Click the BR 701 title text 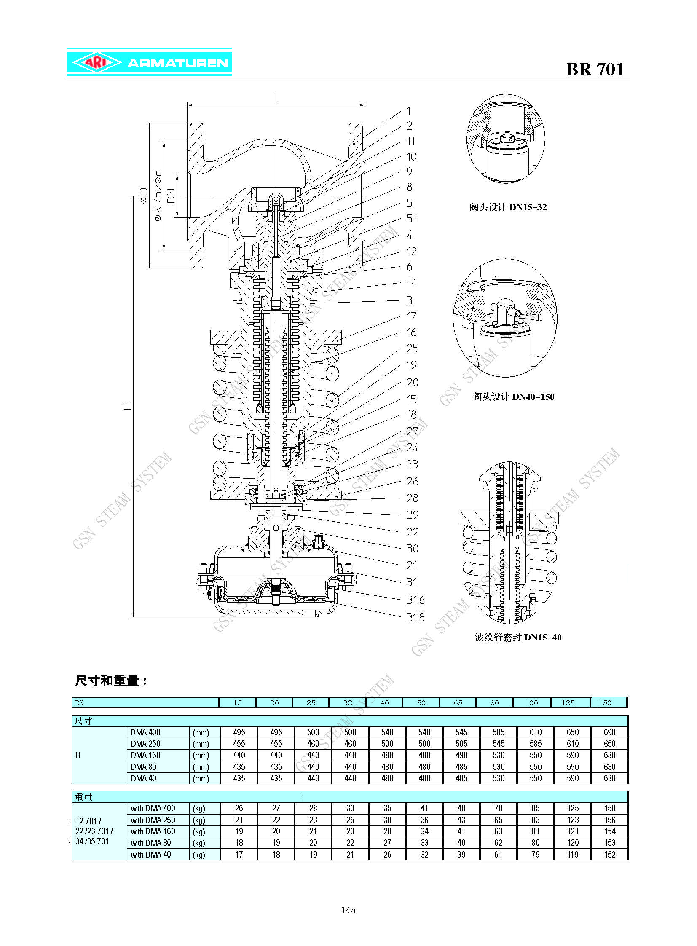(595, 70)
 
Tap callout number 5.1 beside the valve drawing (413, 219)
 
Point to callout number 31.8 (415, 617)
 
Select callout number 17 (411, 316)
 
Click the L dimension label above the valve (276, 99)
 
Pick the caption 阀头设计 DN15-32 (508, 207)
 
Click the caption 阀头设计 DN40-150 (513, 397)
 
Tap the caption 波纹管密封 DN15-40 (517, 637)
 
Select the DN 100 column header (531, 702)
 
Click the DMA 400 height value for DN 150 (609, 732)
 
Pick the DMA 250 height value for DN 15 (239, 744)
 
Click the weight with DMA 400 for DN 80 (498, 808)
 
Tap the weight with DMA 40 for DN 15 (239, 855)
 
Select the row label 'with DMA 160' (153, 831)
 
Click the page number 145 (348, 910)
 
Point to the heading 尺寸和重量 (110, 681)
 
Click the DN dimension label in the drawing (171, 196)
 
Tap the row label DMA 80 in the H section (143, 766)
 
